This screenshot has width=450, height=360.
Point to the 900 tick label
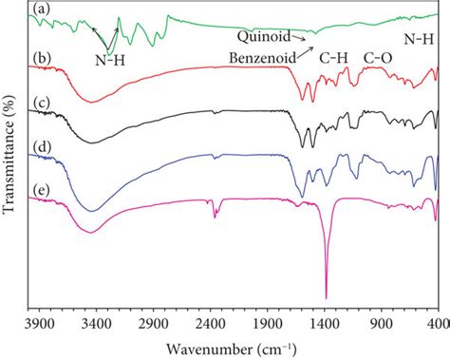click(x=382, y=324)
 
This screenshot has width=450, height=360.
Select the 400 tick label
click(x=437, y=324)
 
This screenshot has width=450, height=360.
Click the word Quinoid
click(x=263, y=38)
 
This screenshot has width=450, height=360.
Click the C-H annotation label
click(x=333, y=57)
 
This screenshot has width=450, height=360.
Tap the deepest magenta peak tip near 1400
click(x=326, y=297)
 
